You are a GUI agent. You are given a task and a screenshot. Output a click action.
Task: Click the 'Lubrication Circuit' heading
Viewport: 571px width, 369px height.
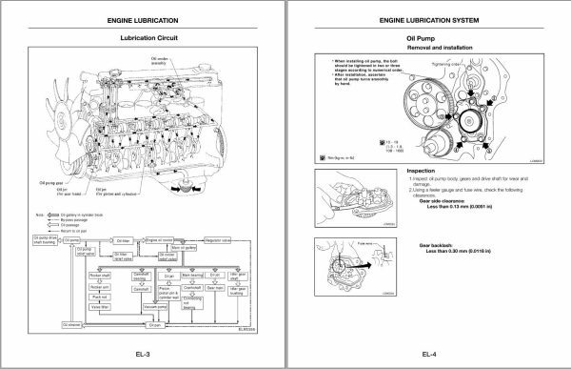tap(144, 39)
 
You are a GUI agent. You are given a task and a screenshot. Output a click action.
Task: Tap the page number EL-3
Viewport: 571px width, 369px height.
tap(144, 357)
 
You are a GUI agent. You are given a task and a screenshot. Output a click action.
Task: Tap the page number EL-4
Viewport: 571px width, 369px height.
tap(428, 357)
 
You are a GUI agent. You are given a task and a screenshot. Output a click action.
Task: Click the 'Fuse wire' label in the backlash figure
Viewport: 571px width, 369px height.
tap(335, 242)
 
